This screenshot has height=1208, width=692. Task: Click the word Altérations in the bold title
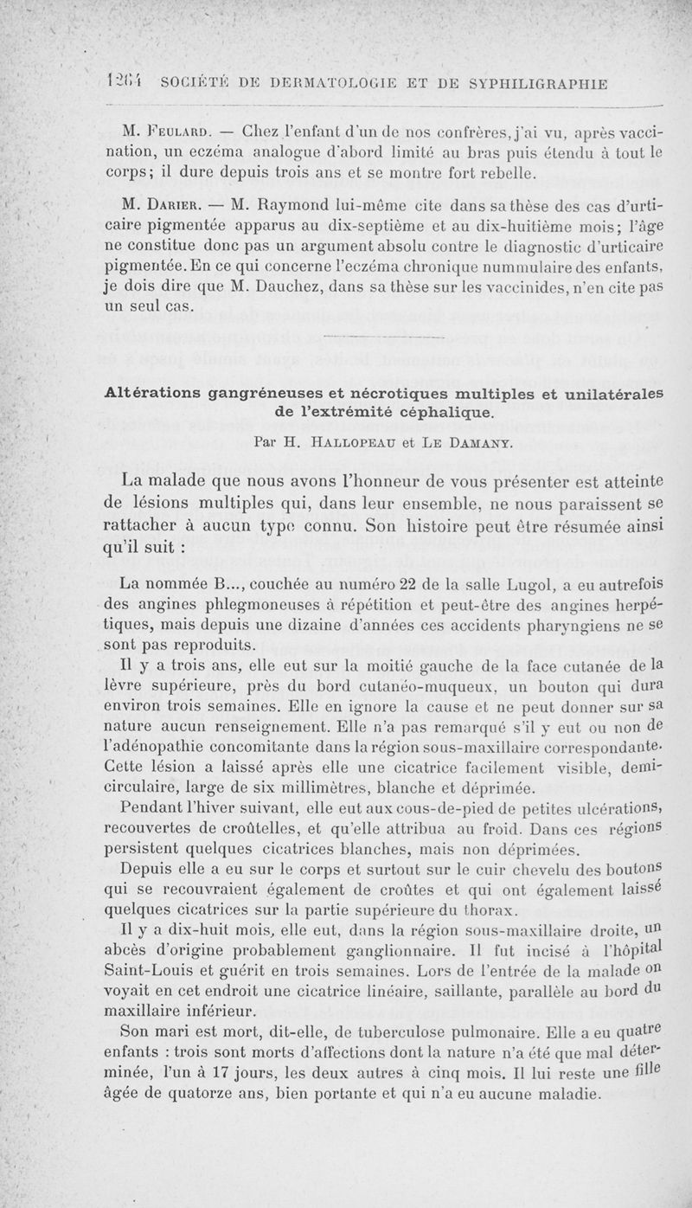[155, 394]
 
